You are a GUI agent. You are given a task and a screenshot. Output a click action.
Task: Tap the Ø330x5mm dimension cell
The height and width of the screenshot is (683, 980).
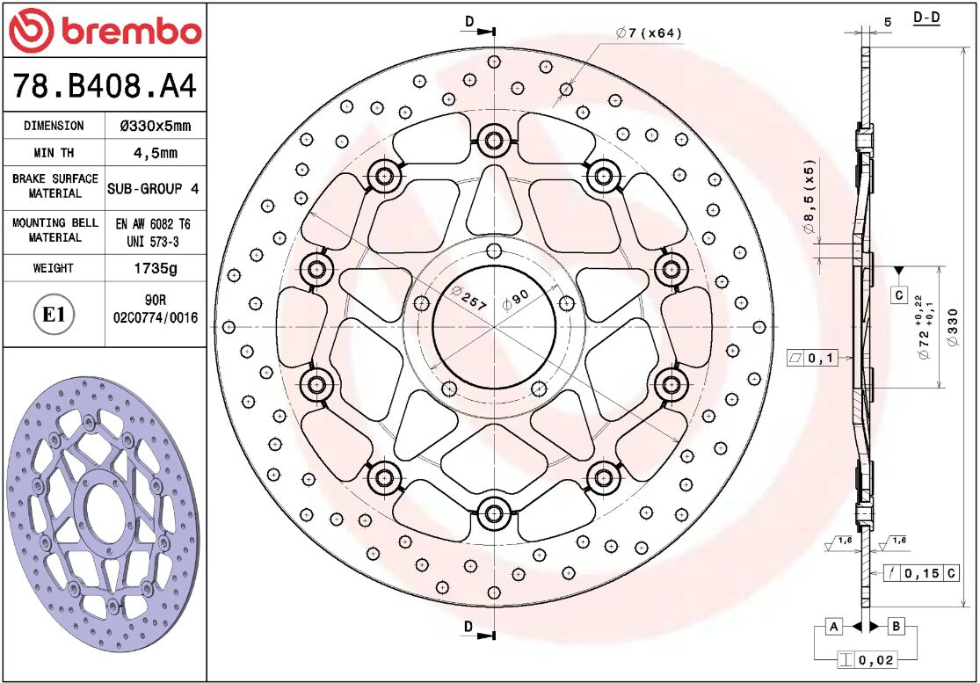[155, 126]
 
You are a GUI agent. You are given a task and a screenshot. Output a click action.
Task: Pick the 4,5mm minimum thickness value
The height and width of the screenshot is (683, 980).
[155, 153]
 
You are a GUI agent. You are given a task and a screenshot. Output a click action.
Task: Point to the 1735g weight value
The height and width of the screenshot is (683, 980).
[155, 268]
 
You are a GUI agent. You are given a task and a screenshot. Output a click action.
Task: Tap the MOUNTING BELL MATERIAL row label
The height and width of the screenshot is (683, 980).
[54, 230]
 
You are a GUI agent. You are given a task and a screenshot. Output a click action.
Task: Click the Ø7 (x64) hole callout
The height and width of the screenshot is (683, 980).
[650, 33]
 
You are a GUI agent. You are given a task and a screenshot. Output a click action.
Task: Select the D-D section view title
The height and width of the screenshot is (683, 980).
[926, 18]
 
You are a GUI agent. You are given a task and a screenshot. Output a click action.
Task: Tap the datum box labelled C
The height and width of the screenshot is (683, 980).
[899, 294]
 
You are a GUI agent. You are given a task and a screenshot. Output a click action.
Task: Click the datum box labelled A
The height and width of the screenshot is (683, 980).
[834, 626]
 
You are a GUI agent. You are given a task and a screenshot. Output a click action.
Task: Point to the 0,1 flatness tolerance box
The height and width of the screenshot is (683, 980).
[814, 358]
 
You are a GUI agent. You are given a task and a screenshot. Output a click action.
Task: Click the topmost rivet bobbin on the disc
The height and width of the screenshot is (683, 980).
[494, 139]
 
